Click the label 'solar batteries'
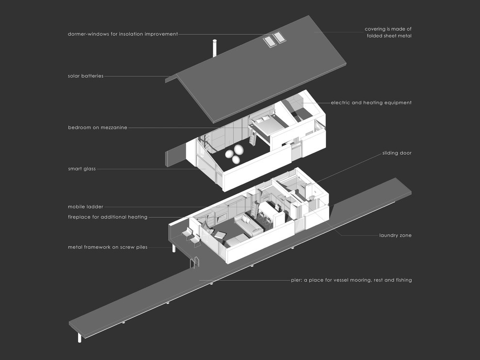point(86,76)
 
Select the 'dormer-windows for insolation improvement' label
point(123,34)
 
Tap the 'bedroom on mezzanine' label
point(97,128)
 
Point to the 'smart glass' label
point(82,169)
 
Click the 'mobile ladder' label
point(85,207)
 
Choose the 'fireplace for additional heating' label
point(108,217)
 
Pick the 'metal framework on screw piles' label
point(108,247)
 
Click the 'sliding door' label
point(397,153)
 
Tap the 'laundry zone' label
point(395,235)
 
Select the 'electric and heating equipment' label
point(371,103)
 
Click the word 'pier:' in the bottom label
point(296,280)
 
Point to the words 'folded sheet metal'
point(389,36)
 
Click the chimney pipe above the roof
point(215,48)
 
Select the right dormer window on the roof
point(279,38)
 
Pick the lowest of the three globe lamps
point(236,160)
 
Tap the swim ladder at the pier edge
point(195,262)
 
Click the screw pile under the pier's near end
point(80,338)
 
